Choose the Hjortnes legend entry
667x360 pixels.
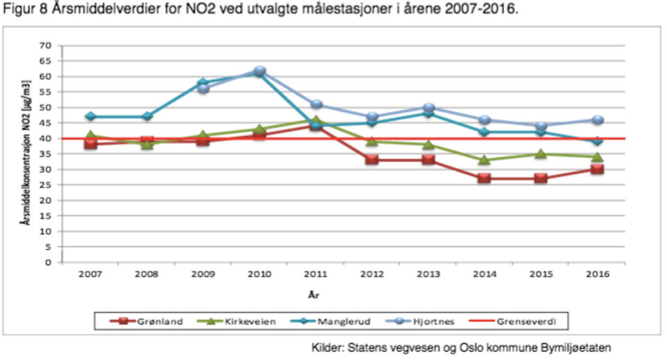click(x=436, y=322)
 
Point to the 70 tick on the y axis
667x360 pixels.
click(x=47, y=45)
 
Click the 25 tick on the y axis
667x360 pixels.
click(x=47, y=185)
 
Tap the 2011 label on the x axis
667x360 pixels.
click(x=315, y=274)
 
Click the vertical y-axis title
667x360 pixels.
click(x=25, y=152)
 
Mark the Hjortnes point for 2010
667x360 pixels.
click(x=259, y=71)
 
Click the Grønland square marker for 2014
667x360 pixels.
click(x=484, y=179)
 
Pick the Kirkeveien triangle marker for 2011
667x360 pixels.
click(x=315, y=120)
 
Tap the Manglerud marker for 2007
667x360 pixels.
click(x=91, y=117)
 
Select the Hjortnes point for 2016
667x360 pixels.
click(x=597, y=120)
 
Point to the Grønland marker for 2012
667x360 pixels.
click(x=372, y=160)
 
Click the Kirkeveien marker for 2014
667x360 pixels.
click(x=484, y=160)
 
